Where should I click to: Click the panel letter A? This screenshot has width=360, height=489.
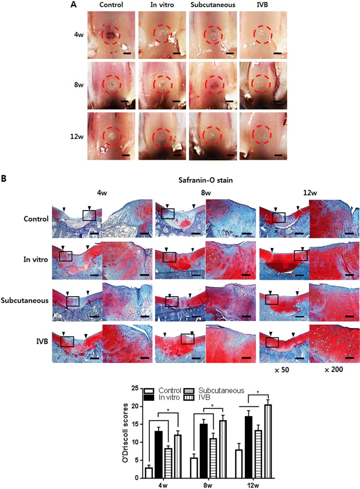(x=73, y=5)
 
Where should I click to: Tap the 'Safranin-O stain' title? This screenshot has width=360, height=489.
(x=204, y=182)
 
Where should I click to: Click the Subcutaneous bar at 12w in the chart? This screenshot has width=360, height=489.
(x=271, y=453)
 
